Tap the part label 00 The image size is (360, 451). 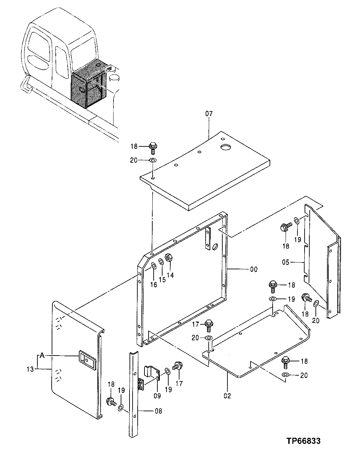(x=254, y=269)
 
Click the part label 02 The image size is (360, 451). (x=227, y=396)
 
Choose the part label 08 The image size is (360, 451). (x=158, y=411)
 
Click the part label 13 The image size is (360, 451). (x=31, y=369)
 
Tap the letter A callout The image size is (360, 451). (x=42, y=356)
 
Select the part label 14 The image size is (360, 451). (x=170, y=276)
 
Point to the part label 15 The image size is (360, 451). (x=162, y=279)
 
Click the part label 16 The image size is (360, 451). (x=154, y=285)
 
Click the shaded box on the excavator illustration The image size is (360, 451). (x=89, y=87)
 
